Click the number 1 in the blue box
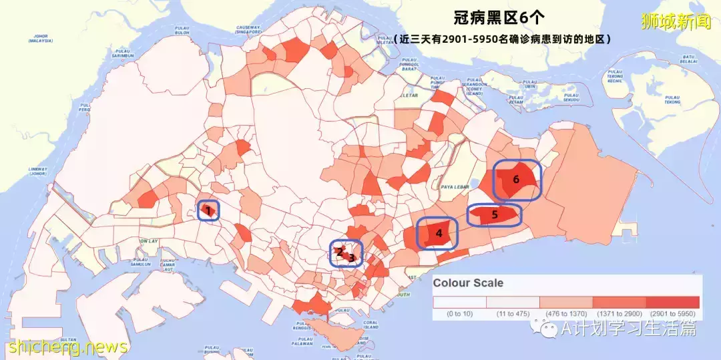(208, 211)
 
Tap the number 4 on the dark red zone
(439, 233)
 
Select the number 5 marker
(495, 215)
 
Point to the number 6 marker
(516, 179)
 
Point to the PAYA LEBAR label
(457, 188)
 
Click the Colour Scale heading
(468, 283)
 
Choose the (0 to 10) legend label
(460, 313)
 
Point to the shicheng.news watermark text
(67, 347)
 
